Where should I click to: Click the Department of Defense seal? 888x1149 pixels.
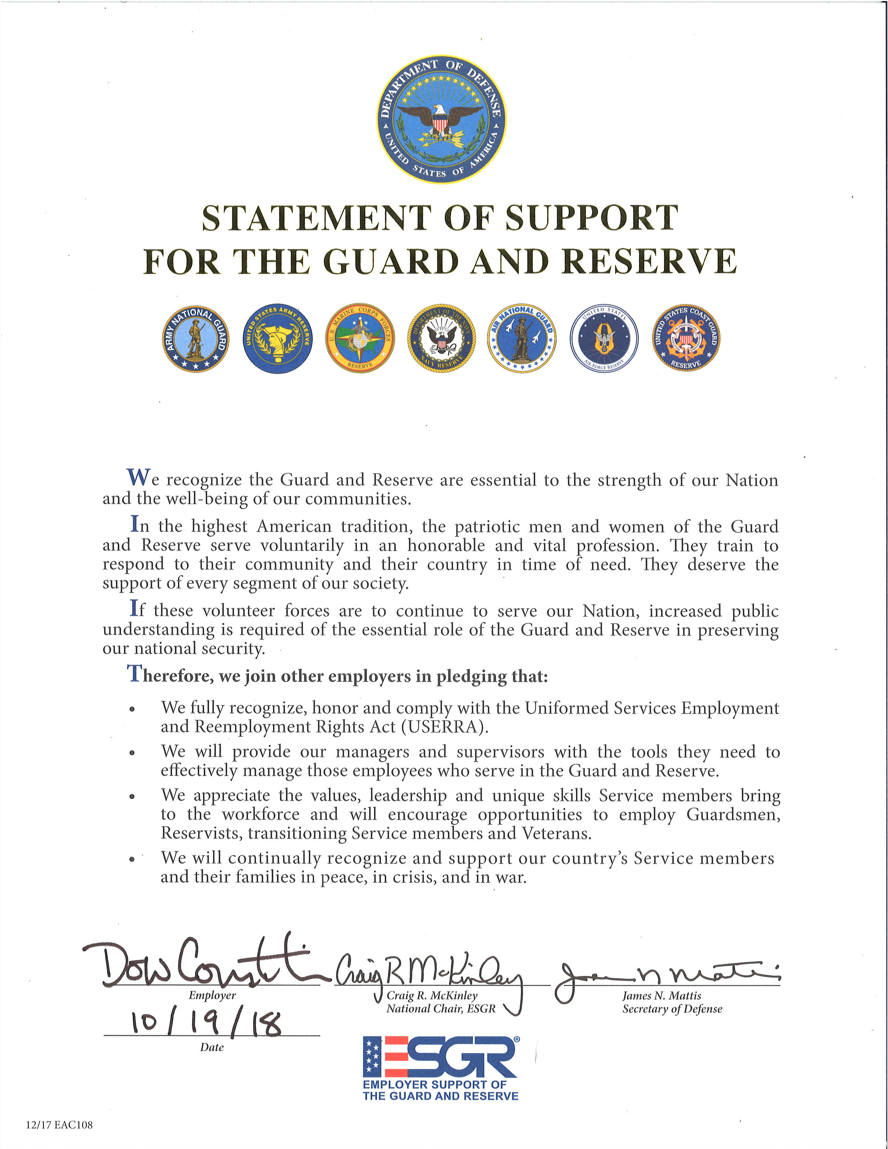(x=442, y=119)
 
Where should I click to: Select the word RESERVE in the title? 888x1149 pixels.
(x=649, y=261)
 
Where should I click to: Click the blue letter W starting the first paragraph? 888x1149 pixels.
(x=138, y=478)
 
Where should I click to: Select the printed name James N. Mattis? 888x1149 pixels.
(x=661, y=995)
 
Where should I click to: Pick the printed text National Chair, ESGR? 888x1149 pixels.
(x=441, y=1009)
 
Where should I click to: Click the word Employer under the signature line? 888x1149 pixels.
(x=212, y=995)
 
